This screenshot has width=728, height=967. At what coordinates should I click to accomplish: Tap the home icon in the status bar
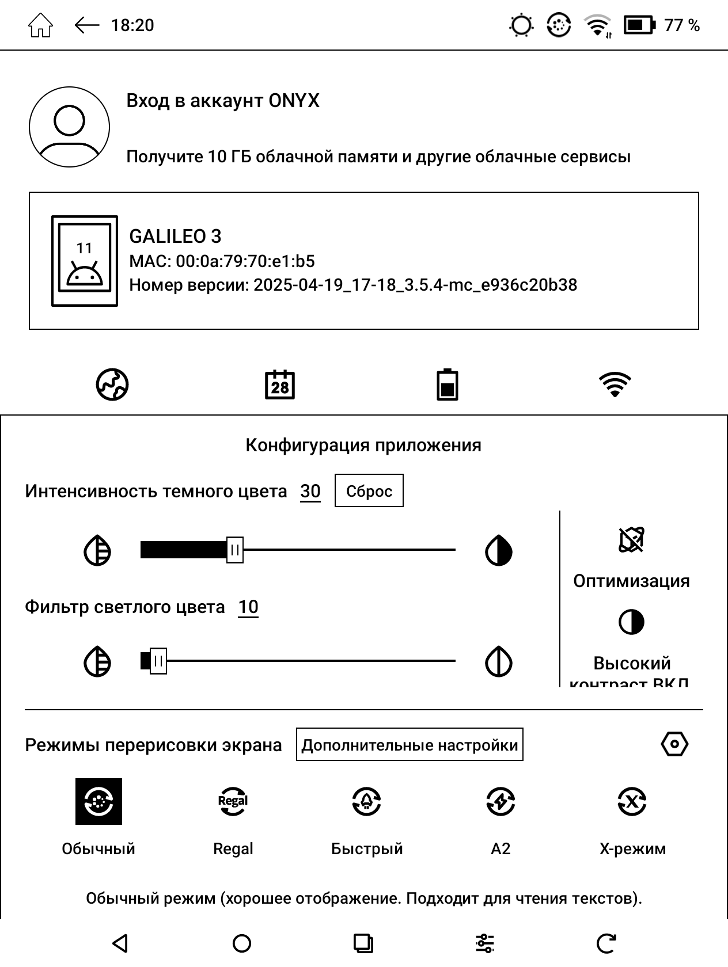point(40,26)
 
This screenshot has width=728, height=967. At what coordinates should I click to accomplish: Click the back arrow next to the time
point(87,25)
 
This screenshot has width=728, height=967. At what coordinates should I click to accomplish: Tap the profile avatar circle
point(69,127)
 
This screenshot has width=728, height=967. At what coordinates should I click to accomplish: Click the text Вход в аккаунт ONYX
point(222,101)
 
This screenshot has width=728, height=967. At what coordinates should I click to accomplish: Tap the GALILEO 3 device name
point(175,236)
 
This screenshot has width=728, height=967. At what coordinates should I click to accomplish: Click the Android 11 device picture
point(85,261)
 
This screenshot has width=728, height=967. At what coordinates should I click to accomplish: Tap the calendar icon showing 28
point(279,384)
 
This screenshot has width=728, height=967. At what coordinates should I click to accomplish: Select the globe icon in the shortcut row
point(112,384)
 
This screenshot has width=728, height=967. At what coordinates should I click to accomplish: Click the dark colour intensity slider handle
point(234,550)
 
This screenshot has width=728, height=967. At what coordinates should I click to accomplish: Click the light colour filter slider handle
point(158,661)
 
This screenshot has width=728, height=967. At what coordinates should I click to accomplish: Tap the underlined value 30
point(310,491)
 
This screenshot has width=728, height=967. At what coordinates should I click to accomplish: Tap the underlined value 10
point(248,607)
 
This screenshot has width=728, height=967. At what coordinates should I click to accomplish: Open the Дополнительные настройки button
point(409,745)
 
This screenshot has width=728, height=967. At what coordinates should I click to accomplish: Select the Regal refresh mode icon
point(233,801)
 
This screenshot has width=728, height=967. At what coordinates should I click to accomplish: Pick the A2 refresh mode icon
point(500,801)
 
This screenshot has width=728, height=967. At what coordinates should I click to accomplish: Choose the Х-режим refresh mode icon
point(632,801)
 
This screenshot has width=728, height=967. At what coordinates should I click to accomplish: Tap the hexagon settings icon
point(674,744)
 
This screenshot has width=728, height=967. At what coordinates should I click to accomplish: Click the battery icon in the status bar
point(639,25)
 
